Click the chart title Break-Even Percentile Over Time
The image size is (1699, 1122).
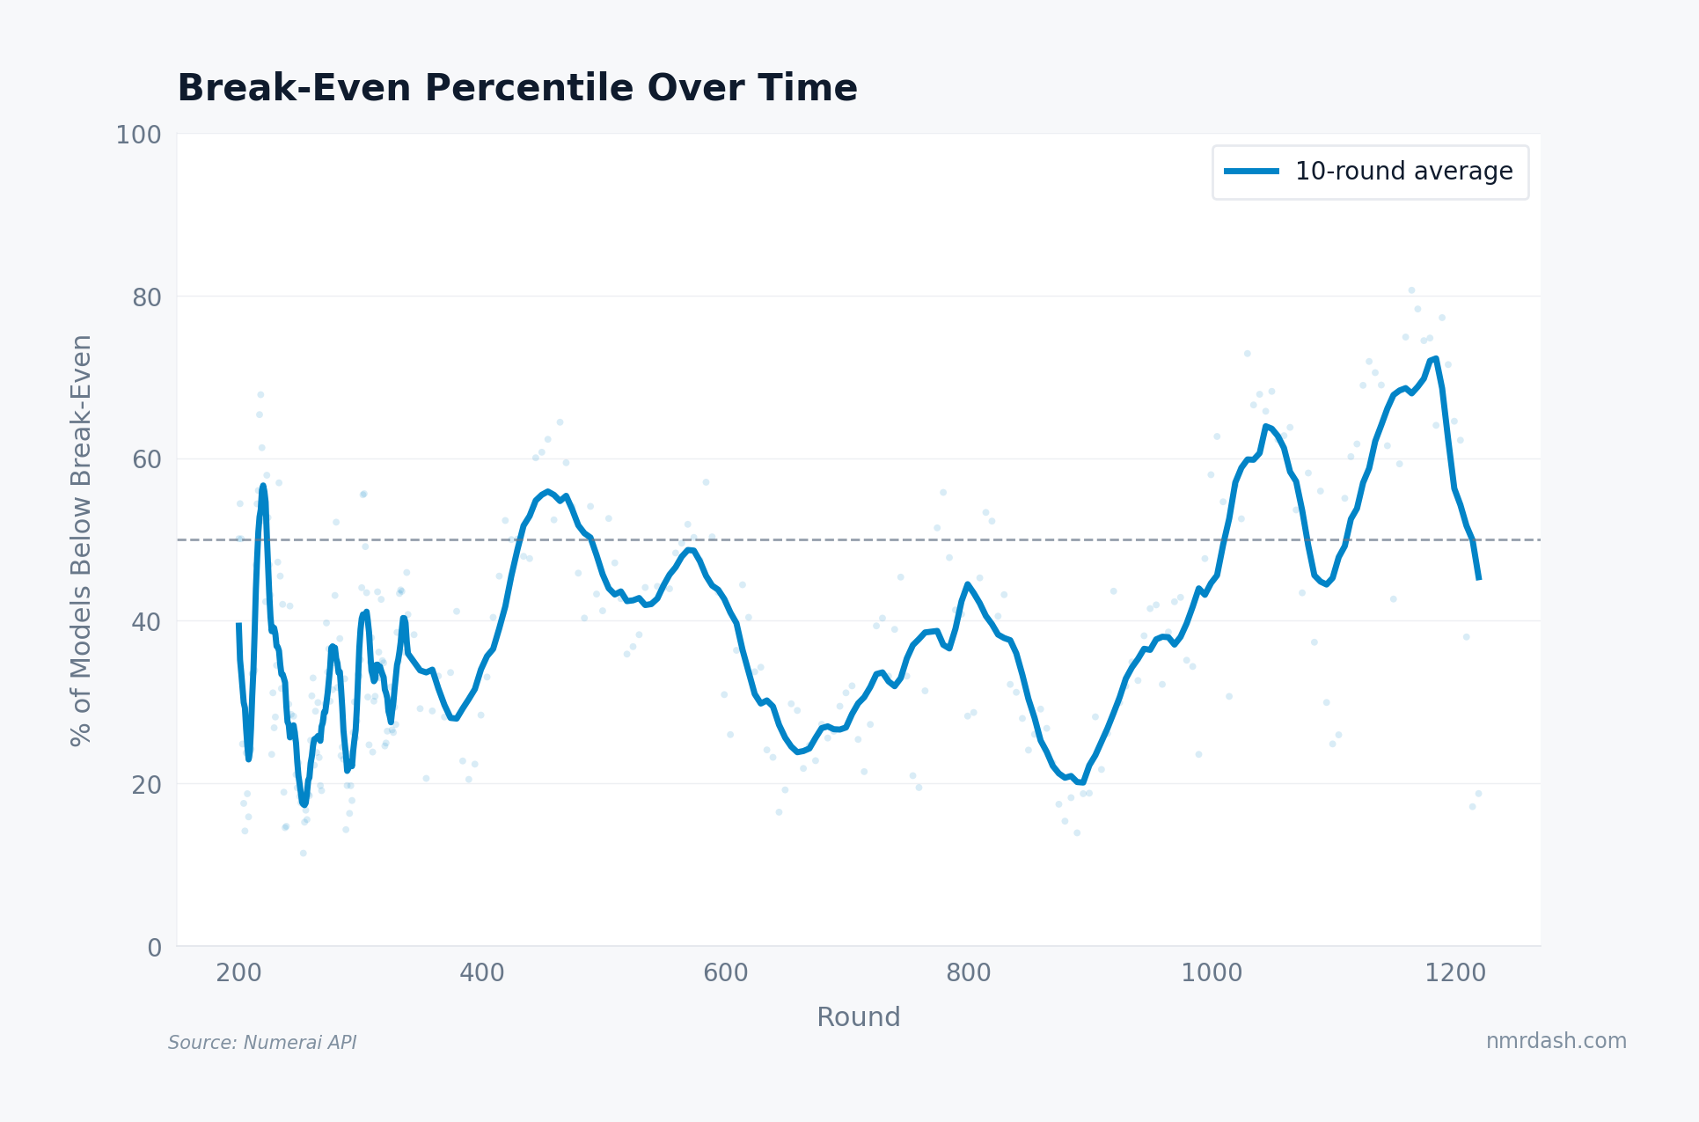516,89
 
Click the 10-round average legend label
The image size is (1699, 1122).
1403,172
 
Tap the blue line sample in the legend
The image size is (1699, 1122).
1251,172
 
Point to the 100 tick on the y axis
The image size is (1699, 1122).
139,136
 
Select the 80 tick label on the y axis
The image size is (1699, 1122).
147,297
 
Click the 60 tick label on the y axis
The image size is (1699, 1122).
147,460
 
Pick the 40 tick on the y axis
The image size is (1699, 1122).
147,622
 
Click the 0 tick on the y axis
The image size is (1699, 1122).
155,948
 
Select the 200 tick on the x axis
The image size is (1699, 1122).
238,973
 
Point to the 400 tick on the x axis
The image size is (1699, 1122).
482,973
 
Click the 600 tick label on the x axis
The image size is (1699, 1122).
725,973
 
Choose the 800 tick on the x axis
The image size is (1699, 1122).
969,973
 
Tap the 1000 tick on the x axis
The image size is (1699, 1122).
1212,973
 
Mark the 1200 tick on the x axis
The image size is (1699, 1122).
1455,973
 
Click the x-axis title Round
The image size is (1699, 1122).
858,1017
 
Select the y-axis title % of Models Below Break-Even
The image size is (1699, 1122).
81,540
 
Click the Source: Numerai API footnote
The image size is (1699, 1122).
262,1043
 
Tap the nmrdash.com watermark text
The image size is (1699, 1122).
1556,1041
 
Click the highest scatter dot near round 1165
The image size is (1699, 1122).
1411,290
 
